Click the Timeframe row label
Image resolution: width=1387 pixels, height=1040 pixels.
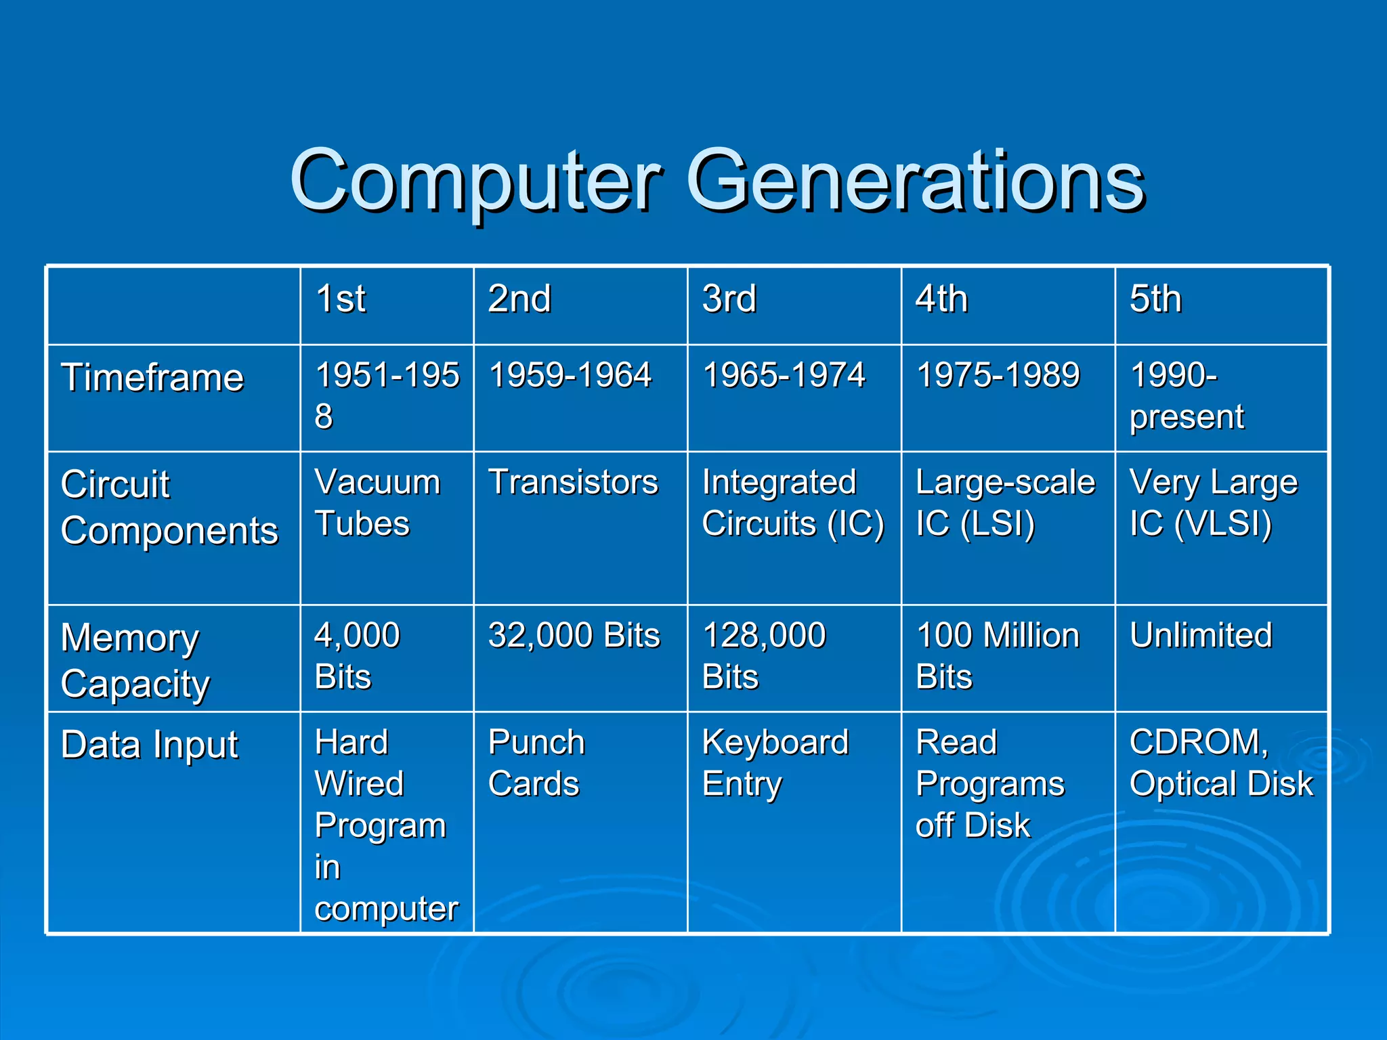click(x=152, y=377)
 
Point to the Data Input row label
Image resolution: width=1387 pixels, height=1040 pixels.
click(x=150, y=745)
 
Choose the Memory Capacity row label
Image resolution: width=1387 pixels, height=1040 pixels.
click(x=135, y=660)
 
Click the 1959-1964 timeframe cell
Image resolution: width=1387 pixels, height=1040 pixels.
click(x=570, y=375)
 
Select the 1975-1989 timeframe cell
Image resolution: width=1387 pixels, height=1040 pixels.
click(x=998, y=375)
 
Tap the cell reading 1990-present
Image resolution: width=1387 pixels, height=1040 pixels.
click(x=1187, y=395)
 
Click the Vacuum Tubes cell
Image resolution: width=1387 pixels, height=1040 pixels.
click(x=377, y=502)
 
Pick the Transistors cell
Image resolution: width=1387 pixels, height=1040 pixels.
click(x=573, y=482)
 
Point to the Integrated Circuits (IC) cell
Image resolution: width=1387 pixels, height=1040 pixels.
click(x=792, y=502)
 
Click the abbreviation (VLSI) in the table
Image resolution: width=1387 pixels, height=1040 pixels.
click(x=1223, y=524)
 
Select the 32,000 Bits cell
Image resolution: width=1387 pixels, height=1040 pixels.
click(x=574, y=635)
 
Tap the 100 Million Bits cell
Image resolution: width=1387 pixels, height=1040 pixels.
click(x=998, y=655)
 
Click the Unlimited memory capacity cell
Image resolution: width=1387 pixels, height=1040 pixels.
click(x=1201, y=635)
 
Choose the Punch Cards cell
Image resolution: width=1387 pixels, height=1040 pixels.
click(x=535, y=762)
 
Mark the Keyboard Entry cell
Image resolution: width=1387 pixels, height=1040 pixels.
click(x=775, y=762)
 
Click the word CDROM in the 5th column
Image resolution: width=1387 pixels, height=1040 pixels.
click(x=1196, y=742)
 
